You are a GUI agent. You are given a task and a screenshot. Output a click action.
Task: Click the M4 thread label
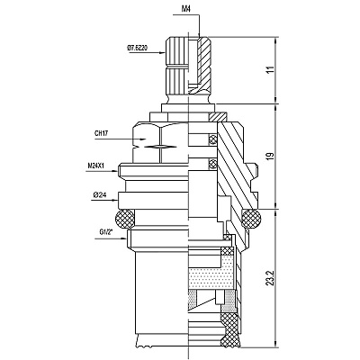click(x=186, y=8)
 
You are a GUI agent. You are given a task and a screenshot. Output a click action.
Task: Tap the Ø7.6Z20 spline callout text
click(x=137, y=48)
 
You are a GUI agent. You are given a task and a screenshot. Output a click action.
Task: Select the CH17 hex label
click(x=102, y=134)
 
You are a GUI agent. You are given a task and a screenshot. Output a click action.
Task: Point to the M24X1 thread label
click(x=95, y=166)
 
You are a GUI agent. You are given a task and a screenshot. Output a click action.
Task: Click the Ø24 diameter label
click(x=100, y=195)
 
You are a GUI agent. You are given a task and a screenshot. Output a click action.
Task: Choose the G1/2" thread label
click(x=105, y=232)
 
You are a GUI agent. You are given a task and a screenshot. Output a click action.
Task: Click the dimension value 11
click(x=271, y=69)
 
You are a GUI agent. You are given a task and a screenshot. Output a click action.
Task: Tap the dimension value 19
click(x=271, y=156)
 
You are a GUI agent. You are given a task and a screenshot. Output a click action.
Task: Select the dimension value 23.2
click(x=271, y=278)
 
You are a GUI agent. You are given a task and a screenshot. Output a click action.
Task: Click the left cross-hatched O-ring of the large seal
click(x=123, y=219)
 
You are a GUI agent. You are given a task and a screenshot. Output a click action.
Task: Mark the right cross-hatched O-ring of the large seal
click(x=251, y=219)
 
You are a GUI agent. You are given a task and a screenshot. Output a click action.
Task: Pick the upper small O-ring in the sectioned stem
click(x=213, y=139)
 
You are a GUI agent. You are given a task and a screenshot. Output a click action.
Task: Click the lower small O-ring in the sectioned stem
click(x=213, y=164)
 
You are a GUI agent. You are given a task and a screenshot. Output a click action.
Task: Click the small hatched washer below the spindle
click(x=218, y=116)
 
